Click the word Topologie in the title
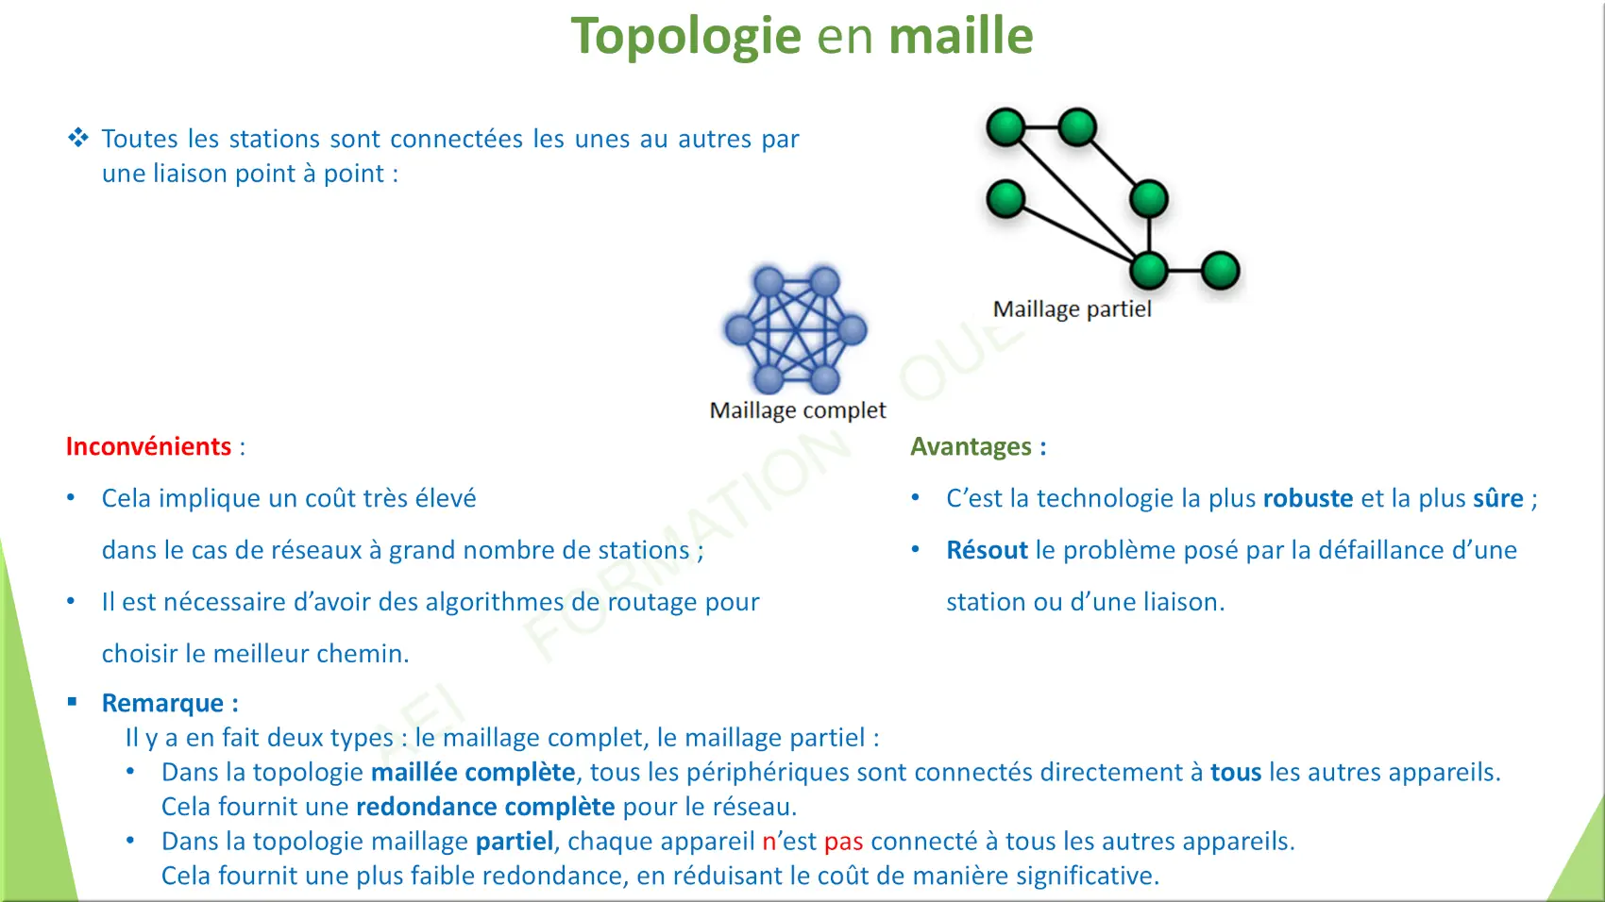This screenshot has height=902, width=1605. point(685,37)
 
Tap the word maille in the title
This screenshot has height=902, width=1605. point(961,35)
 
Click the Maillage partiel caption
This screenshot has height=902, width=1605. point(1072,309)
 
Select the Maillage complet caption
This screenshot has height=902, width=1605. point(798,410)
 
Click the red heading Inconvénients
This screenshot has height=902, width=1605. point(148,446)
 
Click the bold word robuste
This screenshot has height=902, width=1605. point(1308,498)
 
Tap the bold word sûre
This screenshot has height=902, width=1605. point(1498,498)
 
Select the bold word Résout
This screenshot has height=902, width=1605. point(987,550)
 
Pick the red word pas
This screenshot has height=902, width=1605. point(843,842)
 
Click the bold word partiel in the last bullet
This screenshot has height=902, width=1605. point(515,842)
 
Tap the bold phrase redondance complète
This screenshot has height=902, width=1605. point(485,807)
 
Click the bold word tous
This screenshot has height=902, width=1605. point(1236,773)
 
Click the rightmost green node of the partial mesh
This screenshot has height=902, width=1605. point(1220,271)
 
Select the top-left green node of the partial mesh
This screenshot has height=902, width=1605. point(1006,127)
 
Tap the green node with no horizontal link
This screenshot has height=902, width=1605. point(1006,199)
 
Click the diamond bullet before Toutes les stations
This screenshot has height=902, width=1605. point(78,137)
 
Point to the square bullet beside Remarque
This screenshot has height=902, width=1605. point(73,702)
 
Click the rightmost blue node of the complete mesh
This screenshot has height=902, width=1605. point(852,330)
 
